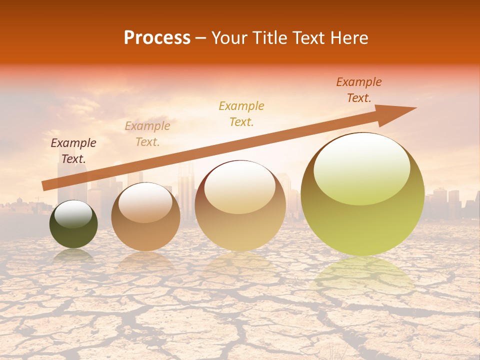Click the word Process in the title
pos(157,37)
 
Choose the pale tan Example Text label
pos(147,134)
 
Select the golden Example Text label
pos(241,113)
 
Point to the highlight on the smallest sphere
pos(73,214)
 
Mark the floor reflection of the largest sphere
pos(362,277)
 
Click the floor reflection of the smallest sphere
pos(73,255)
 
